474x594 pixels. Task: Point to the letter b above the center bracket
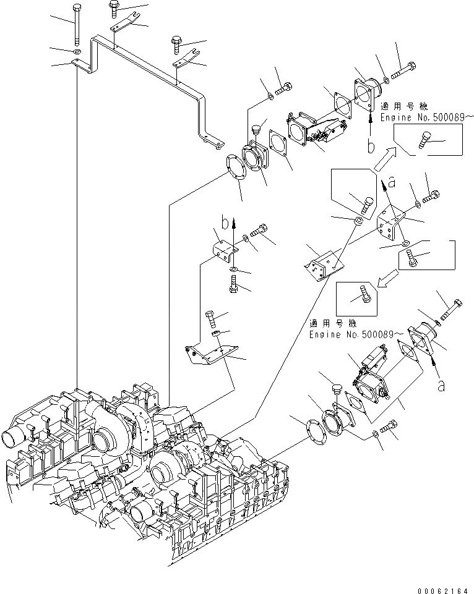[226, 221]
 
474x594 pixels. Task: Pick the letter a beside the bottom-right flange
[440, 385]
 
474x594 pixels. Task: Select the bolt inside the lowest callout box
[364, 295]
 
